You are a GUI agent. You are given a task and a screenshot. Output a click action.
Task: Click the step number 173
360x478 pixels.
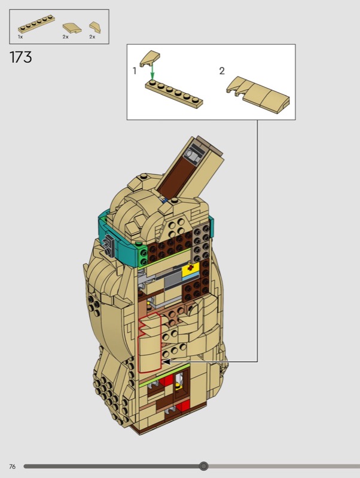tap(21, 57)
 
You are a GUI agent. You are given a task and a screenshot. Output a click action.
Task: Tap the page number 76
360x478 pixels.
tap(12, 467)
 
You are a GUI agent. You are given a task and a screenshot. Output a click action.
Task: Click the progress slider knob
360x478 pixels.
tap(203, 466)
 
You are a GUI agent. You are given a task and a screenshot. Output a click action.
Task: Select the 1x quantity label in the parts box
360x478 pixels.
tap(20, 37)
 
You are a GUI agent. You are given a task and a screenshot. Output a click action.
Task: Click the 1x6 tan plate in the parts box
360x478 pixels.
tap(36, 24)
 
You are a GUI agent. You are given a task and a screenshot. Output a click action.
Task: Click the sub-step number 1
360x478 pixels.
tap(135, 71)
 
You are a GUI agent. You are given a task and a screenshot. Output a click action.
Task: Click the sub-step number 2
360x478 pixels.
tap(222, 71)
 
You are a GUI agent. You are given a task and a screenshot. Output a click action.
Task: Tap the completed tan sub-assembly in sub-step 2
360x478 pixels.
tap(258, 94)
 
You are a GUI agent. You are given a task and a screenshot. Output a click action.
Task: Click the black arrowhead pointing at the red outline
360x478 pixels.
tap(166, 362)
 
